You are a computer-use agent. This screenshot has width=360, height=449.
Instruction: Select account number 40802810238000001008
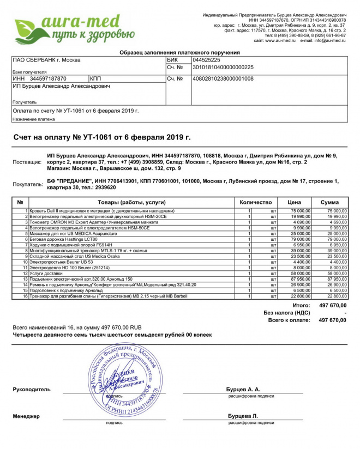point(223,79)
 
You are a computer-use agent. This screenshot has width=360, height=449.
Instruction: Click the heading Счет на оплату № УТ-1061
point(102,137)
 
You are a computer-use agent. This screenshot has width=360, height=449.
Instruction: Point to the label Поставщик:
point(27,162)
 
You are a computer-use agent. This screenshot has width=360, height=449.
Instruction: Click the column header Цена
point(295,202)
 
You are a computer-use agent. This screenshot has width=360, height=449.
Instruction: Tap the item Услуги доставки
point(44,273)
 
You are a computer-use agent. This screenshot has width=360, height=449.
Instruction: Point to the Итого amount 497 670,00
point(332,306)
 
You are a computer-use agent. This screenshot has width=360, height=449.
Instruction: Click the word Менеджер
point(26,416)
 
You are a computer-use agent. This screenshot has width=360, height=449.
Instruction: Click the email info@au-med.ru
point(330,41)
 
